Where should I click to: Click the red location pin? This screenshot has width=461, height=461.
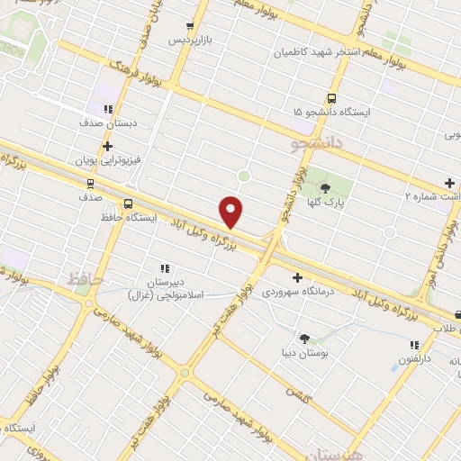click(231, 212)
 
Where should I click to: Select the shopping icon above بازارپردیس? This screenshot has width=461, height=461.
click(189, 26)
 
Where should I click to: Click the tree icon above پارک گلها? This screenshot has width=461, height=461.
click(325, 188)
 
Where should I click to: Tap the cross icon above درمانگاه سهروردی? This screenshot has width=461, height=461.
click(297, 277)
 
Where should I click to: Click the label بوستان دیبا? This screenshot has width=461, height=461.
click(306, 355)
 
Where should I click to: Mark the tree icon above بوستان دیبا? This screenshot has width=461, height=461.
click(304, 339)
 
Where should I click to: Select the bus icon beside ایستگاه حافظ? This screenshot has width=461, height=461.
click(128, 203)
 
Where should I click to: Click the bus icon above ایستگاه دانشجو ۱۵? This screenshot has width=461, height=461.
click(331, 98)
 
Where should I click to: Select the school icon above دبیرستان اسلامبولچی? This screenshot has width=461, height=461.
click(164, 268)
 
